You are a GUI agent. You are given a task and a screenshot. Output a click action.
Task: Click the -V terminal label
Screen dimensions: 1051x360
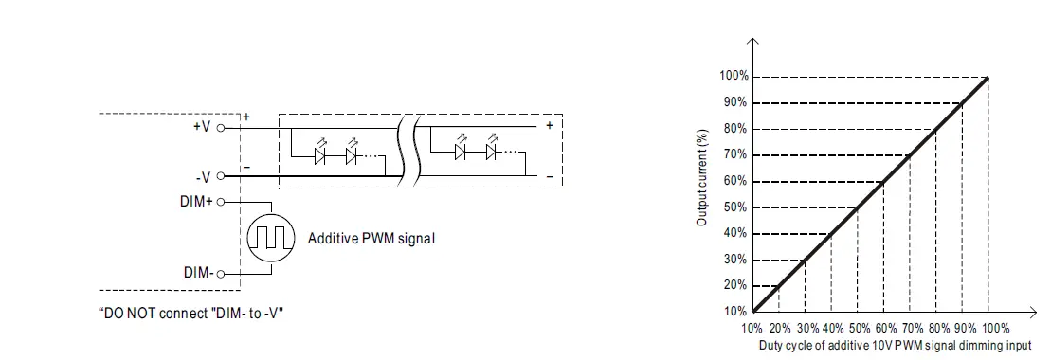[x=202, y=175]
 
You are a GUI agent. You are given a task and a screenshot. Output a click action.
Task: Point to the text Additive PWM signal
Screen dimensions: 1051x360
[x=371, y=239]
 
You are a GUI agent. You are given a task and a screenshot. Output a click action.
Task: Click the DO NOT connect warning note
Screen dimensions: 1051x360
[x=191, y=312]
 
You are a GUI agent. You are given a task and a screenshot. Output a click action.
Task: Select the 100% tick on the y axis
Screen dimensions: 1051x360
[x=734, y=76]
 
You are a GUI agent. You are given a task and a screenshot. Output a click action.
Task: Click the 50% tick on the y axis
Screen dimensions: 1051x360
[x=736, y=207]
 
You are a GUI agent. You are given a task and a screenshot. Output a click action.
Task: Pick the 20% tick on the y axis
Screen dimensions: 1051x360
[x=736, y=285]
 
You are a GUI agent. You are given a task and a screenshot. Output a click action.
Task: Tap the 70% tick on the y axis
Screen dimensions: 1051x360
[x=736, y=154]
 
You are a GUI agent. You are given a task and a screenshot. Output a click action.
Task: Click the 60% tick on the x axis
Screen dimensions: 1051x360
[x=883, y=328]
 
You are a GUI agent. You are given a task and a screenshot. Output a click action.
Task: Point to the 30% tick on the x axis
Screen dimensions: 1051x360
[x=806, y=328]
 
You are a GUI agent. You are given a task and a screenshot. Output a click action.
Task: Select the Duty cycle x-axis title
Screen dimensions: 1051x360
[x=895, y=345]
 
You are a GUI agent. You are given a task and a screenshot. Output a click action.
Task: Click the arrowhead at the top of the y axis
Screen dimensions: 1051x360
[x=753, y=42]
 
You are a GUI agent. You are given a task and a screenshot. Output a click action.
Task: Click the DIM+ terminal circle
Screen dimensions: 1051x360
[x=220, y=201]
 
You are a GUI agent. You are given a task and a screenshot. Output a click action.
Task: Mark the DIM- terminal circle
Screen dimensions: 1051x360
[x=220, y=274]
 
